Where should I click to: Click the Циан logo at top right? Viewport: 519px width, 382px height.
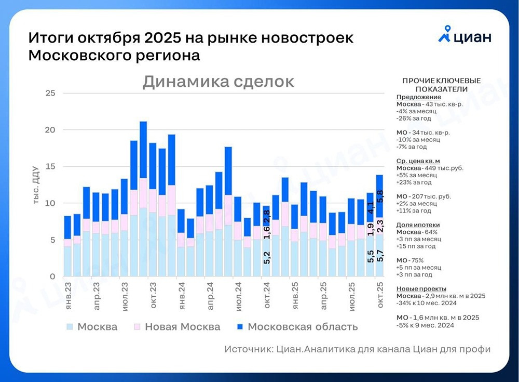(465, 37)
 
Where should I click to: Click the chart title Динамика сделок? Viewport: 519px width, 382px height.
(218, 82)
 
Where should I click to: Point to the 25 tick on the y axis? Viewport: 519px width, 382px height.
(50, 93)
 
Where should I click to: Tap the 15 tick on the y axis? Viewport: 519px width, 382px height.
(50, 166)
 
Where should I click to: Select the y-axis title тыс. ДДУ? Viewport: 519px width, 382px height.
(36, 185)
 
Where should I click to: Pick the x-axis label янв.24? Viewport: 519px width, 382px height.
(182, 297)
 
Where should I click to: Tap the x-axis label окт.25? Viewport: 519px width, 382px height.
(380, 297)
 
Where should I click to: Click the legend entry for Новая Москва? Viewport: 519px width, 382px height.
(176, 327)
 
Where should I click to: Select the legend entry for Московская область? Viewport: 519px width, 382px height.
(296, 327)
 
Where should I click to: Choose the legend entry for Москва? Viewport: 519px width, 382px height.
(91, 327)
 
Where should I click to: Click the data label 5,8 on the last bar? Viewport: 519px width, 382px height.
(380, 197)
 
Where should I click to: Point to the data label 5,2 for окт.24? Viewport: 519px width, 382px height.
(267, 258)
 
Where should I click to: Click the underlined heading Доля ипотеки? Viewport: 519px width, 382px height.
(418, 225)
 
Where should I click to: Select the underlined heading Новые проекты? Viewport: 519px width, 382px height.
(421, 288)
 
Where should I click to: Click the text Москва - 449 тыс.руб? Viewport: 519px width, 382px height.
(430, 168)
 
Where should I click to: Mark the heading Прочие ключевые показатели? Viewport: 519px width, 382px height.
(441, 85)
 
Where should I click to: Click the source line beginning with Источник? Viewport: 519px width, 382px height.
(358, 349)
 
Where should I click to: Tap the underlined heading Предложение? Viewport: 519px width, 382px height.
(418, 97)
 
